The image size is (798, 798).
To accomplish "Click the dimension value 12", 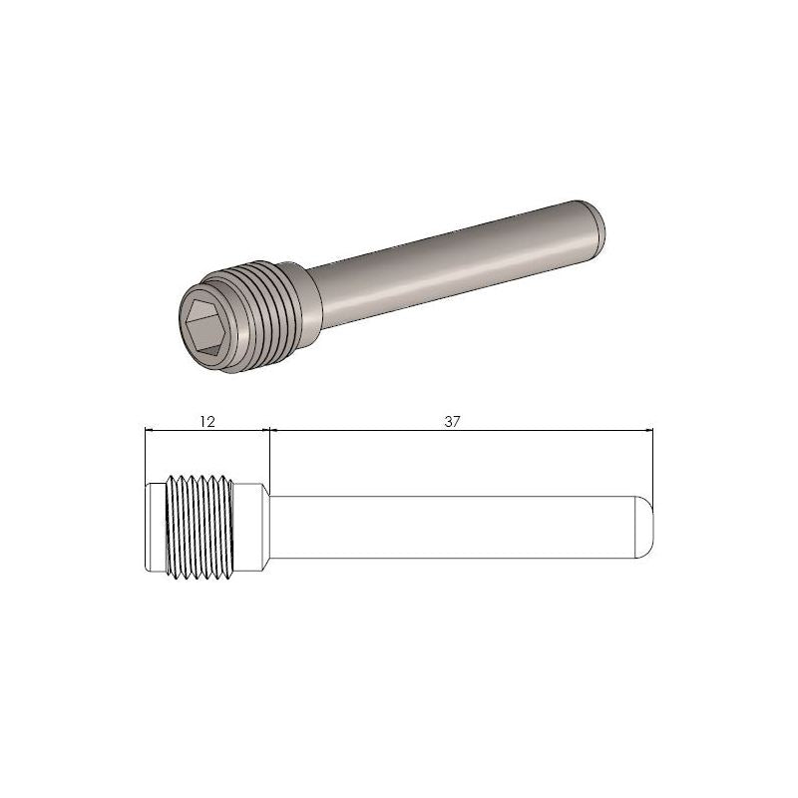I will click(207, 422).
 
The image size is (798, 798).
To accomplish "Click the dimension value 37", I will click(453, 422).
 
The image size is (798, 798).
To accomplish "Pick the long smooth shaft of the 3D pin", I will click(449, 260).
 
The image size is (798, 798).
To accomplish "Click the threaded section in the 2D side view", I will click(199, 525).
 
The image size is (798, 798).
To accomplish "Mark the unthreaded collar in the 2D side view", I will click(252, 525).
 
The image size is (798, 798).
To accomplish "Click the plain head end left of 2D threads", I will click(153, 525).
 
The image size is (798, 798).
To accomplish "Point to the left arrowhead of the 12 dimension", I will click(151, 431).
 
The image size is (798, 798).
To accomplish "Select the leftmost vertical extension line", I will click(146, 459).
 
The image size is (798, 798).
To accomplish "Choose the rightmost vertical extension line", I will click(652, 469).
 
